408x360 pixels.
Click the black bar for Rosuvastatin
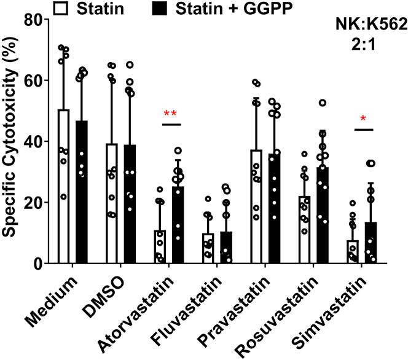323,216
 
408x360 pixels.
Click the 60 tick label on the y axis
34,80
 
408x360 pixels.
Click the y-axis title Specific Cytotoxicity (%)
11,141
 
